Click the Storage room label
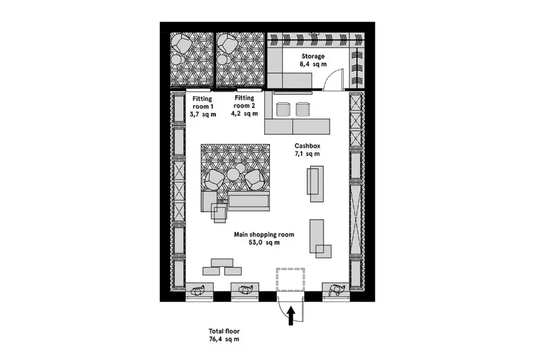(313, 56)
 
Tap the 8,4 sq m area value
(313, 64)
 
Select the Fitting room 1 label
(203, 103)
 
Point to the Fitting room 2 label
(244, 102)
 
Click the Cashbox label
(307, 146)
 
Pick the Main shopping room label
(264, 235)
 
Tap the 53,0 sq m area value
(264, 242)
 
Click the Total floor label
(224, 331)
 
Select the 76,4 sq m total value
(224, 339)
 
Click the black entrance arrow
(291, 315)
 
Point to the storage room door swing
(333, 80)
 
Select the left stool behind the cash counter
(283, 109)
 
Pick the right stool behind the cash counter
(303, 109)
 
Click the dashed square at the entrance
(291, 280)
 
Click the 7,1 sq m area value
(307, 154)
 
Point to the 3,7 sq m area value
(203, 114)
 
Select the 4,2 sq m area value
(244, 113)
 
